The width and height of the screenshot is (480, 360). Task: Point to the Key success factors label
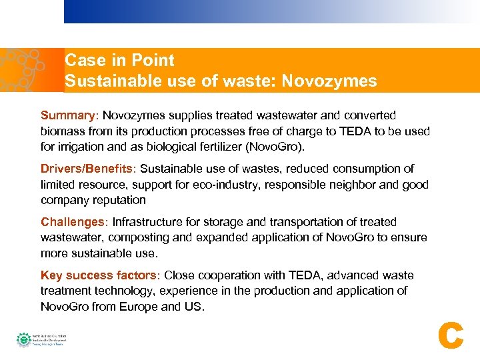[99, 275]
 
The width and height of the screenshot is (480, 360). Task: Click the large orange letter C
[451, 335]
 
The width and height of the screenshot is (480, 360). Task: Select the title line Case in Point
[119, 61]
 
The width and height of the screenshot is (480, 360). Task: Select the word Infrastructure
[153, 222]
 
